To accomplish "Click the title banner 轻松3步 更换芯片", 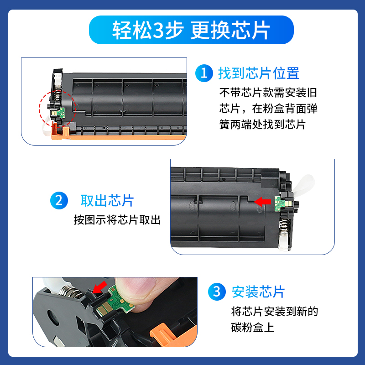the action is pos(191,30).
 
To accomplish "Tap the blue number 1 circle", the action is pos(204,73).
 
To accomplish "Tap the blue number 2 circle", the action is pos(59,200).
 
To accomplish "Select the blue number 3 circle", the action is pos(217,292).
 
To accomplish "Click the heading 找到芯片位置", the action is pos(259,73).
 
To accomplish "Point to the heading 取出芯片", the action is pos(107,201).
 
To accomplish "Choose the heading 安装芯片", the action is pos(258,292).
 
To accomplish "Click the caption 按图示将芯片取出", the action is pos(117,220).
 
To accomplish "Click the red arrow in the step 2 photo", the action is pos(262,202).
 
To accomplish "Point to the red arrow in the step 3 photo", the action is pos(99,287).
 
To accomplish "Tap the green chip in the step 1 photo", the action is pos(61,112).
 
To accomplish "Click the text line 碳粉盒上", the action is pos(253,327).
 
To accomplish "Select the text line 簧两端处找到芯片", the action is pos(263,124).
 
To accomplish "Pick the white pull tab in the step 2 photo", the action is pos(304,184).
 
